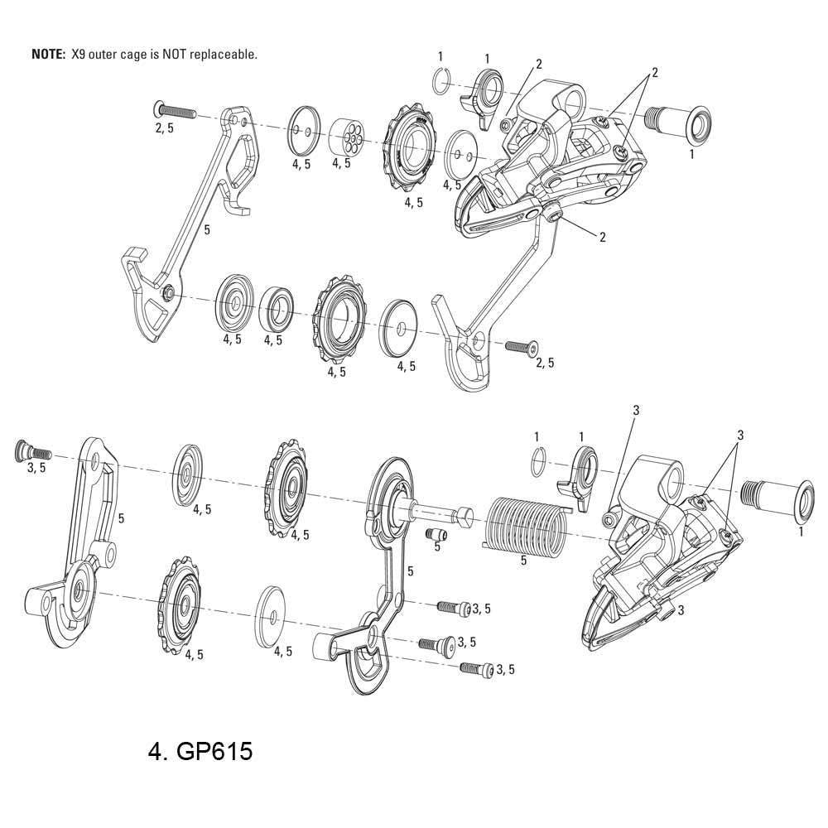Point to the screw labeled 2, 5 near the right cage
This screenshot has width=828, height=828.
pyautogui.click(x=522, y=346)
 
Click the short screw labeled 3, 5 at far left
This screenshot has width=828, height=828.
pyautogui.click(x=33, y=450)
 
